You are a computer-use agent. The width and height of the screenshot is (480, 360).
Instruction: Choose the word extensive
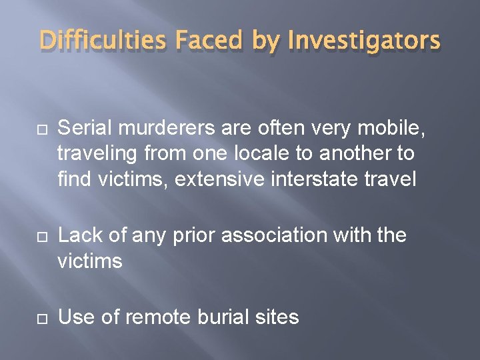click(208, 180)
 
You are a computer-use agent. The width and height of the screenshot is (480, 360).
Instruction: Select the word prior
click(196, 235)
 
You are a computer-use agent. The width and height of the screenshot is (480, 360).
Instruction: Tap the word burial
click(225, 317)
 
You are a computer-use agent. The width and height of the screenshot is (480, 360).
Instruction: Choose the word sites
click(279, 317)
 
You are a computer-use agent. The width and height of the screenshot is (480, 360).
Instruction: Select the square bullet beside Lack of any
click(27, 235)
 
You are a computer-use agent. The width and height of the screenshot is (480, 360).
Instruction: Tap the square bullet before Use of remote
click(27, 317)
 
